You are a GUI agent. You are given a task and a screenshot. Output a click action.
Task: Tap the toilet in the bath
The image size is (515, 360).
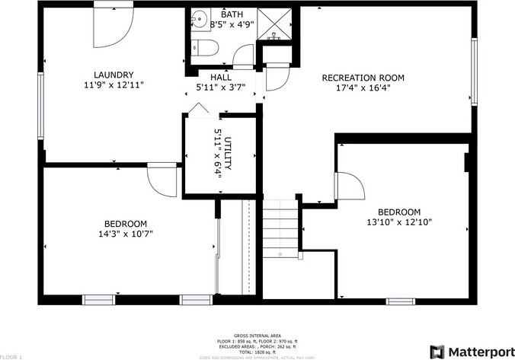point(203,48)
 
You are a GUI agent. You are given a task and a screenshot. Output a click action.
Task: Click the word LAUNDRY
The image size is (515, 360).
point(114,75)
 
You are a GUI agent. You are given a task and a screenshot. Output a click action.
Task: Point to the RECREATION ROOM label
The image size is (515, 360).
point(363,78)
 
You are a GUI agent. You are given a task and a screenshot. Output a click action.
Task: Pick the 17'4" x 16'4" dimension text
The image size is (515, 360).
point(363,88)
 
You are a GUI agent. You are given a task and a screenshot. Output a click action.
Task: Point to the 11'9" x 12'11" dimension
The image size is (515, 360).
point(114,84)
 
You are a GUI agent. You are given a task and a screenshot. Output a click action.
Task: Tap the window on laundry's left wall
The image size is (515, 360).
point(40,104)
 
